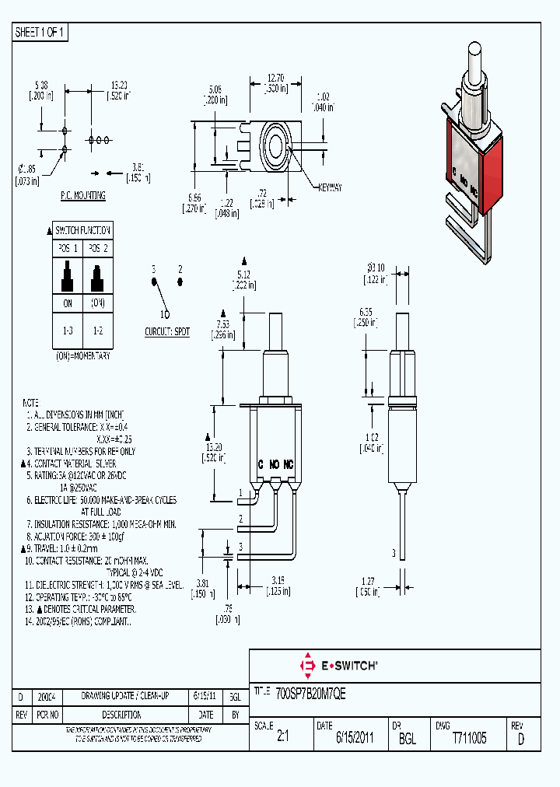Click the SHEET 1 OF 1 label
(x=40, y=33)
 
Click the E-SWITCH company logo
(x=338, y=666)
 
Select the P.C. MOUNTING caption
(x=83, y=196)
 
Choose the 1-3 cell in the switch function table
(x=67, y=331)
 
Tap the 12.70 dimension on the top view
(x=276, y=78)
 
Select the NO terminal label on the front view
(x=275, y=463)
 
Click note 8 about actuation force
(x=86, y=537)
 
